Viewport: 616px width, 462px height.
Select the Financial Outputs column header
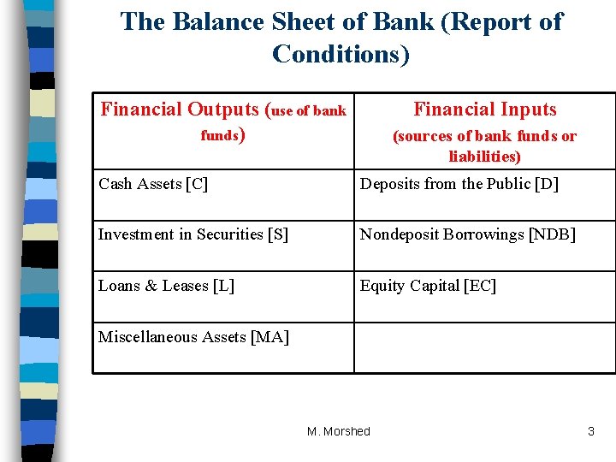pyautogui.click(x=223, y=121)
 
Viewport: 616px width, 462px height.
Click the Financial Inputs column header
pyautogui.click(x=484, y=110)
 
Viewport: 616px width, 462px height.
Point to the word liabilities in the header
pyautogui.click(x=484, y=157)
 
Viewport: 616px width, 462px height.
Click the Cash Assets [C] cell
pyautogui.click(x=153, y=184)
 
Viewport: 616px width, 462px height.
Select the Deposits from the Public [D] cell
pyautogui.click(x=459, y=184)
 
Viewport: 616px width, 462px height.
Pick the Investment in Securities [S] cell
pyautogui.click(x=193, y=234)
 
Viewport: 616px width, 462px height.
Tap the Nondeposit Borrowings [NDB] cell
pyautogui.click(x=467, y=234)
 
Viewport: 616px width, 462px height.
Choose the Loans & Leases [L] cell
pyautogui.click(x=167, y=286)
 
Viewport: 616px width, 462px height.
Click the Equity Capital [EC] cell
pyautogui.click(x=428, y=286)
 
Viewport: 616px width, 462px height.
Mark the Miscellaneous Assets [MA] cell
pyautogui.click(x=194, y=337)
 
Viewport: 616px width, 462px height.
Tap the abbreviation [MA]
pyautogui.click(x=270, y=337)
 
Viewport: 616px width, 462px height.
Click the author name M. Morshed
pyautogui.click(x=339, y=431)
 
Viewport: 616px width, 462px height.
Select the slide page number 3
pyautogui.click(x=590, y=431)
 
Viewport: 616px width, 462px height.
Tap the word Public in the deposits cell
pyautogui.click(x=508, y=184)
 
